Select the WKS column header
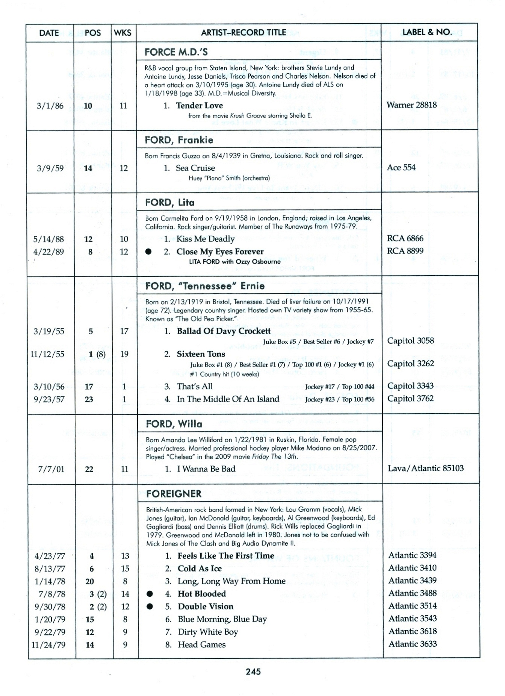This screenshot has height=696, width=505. click(x=122, y=33)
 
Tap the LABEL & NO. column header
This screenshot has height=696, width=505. click(x=427, y=32)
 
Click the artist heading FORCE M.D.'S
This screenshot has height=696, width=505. click(x=176, y=52)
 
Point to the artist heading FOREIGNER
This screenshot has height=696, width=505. click(x=174, y=494)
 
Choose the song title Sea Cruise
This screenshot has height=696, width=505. click(x=195, y=168)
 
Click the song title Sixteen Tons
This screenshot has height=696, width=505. click(x=201, y=354)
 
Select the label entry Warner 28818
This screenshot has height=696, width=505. click(x=411, y=105)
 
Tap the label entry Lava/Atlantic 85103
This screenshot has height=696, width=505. click(x=426, y=468)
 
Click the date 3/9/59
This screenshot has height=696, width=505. click(x=50, y=168)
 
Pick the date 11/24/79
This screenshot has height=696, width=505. click(x=48, y=645)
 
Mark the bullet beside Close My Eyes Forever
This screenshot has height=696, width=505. click(x=148, y=252)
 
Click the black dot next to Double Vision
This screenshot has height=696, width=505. click(x=150, y=607)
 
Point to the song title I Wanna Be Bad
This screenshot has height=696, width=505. click(x=206, y=469)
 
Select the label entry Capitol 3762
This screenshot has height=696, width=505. click(x=410, y=398)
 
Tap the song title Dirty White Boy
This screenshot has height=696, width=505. click(x=208, y=632)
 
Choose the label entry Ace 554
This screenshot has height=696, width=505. click(x=401, y=167)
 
